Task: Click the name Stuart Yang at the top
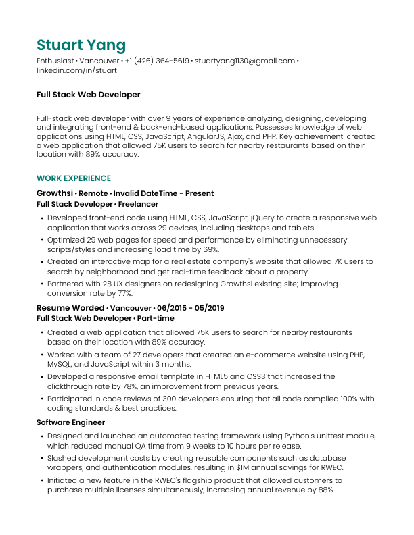81,45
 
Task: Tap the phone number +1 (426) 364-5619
157,61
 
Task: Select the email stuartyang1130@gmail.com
245,61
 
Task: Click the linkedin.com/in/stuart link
76,70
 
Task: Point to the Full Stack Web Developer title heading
88,95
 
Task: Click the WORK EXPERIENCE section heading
74,178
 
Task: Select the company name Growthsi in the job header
55,193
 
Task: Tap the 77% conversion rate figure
123,294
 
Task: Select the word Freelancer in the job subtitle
138,203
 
